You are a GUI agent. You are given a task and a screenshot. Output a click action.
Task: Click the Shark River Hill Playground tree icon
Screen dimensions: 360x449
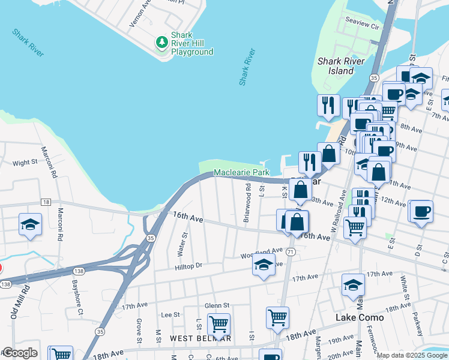161,42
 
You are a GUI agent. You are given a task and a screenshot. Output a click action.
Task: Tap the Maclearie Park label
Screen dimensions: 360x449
242,173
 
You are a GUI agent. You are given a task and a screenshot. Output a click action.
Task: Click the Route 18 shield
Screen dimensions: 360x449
46,202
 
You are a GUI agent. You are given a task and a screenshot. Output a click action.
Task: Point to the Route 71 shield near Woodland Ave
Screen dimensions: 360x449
291,251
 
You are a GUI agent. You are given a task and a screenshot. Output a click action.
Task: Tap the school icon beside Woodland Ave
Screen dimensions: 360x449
264,265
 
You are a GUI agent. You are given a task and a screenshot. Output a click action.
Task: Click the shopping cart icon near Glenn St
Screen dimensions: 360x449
218,324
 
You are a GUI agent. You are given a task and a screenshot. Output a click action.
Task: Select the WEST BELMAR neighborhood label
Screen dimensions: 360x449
200,338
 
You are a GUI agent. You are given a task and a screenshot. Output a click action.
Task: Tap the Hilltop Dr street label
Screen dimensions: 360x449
189,265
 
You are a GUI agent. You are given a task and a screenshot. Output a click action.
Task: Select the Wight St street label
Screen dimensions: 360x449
25,163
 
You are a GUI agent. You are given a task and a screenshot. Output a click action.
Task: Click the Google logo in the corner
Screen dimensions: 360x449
19,353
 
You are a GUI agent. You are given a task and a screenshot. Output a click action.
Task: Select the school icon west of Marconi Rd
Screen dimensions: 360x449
30,224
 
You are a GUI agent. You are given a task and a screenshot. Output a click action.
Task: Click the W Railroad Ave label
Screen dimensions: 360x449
338,210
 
